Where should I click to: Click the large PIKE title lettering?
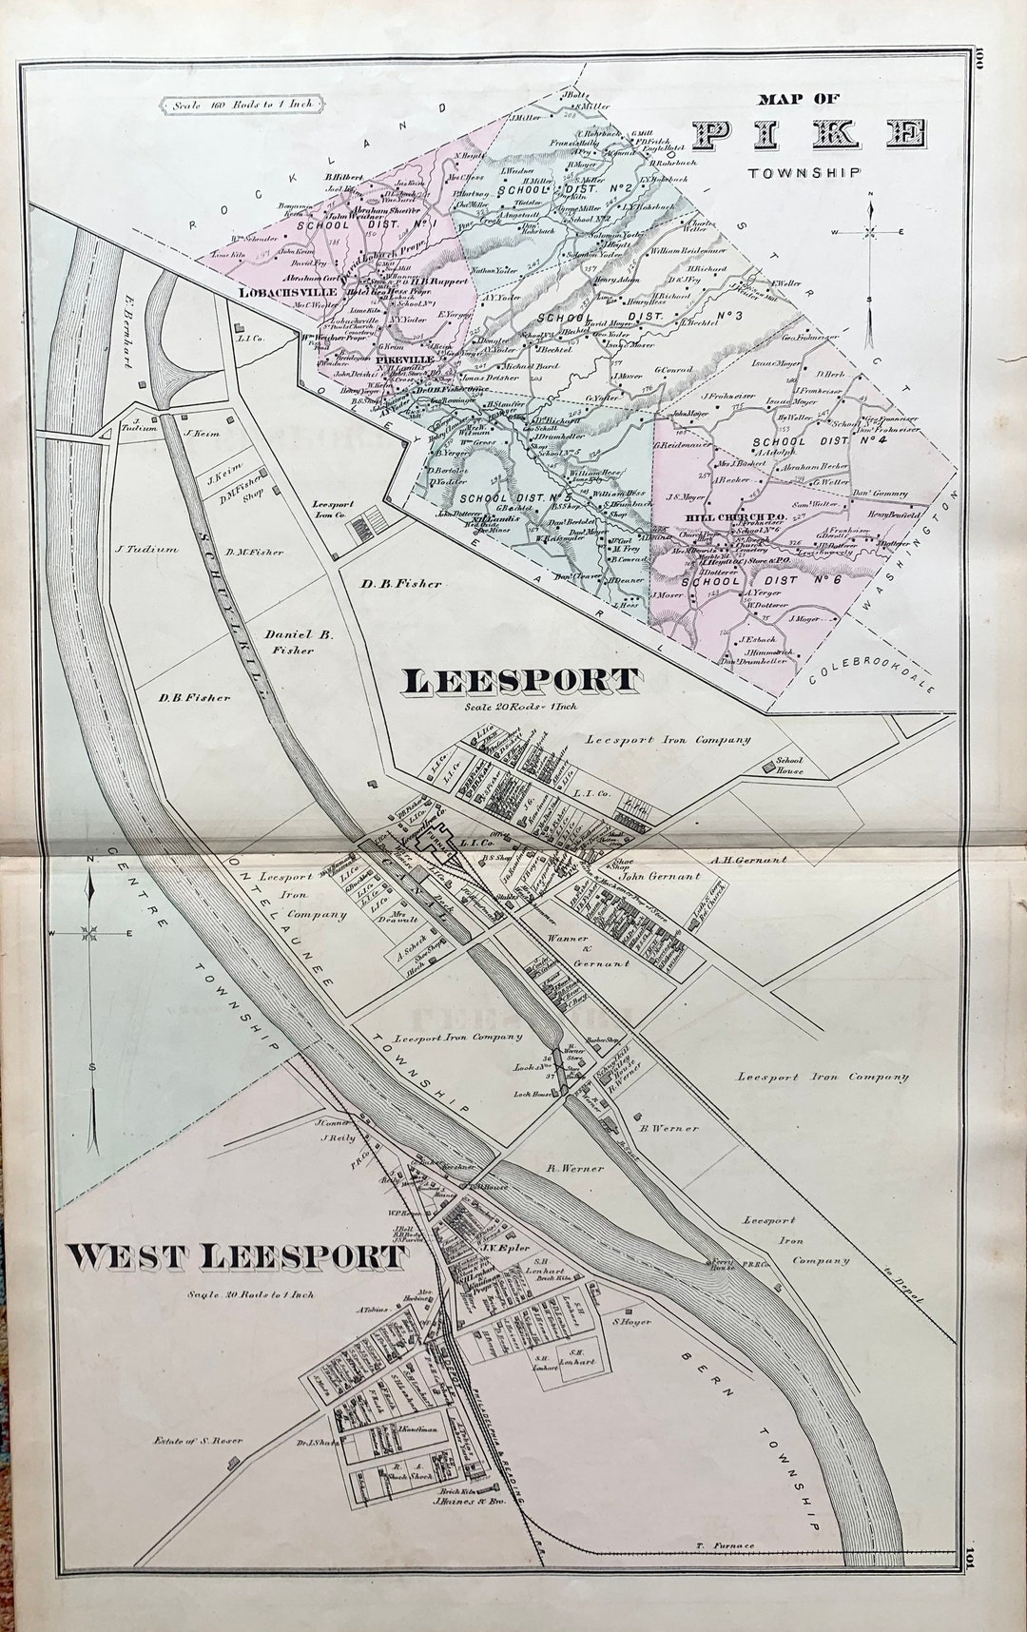tap(810, 134)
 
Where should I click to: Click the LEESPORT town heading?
tap(520, 681)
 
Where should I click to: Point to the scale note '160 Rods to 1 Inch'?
tap(243, 106)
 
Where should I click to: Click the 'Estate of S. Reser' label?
tap(197, 1440)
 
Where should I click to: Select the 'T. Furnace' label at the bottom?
tap(726, 1545)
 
